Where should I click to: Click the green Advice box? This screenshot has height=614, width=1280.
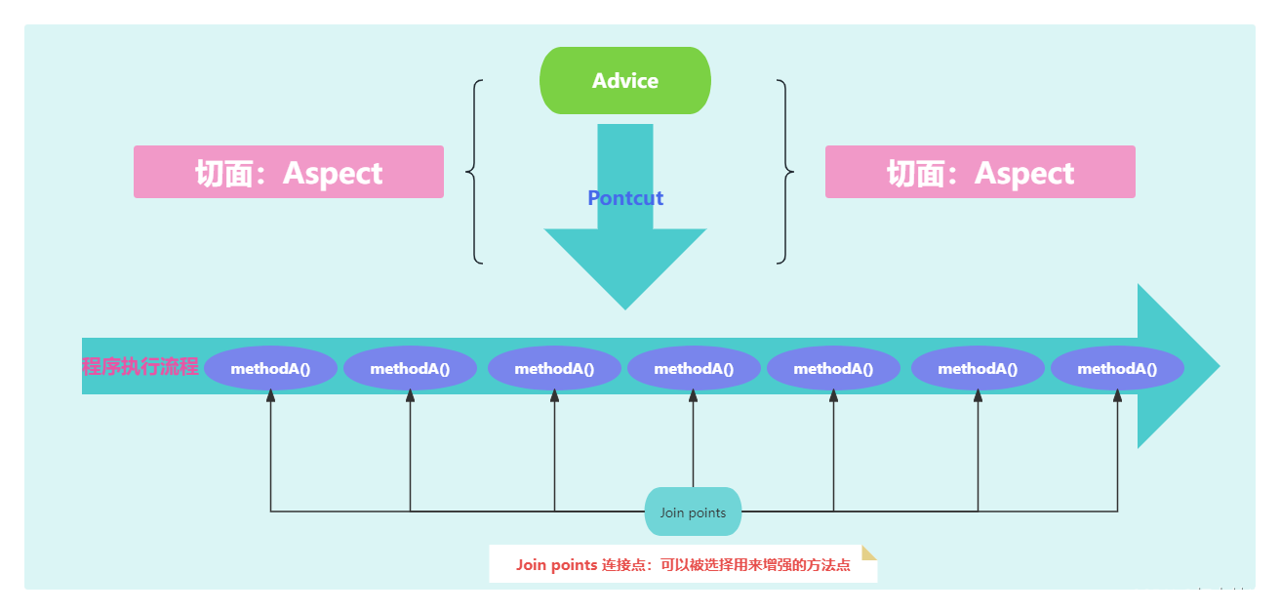click(x=625, y=80)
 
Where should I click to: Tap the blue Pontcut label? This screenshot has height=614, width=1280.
click(x=625, y=198)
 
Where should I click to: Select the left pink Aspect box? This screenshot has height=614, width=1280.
click(x=289, y=173)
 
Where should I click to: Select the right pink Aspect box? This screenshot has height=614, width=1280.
click(x=980, y=173)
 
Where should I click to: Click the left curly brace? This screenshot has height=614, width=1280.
click(x=476, y=172)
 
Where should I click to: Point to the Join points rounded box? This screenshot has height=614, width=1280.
click(x=693, y=512)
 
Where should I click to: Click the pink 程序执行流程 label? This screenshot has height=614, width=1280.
click(x=140, y=367)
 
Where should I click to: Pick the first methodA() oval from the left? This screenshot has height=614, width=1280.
click(x=270, y=369)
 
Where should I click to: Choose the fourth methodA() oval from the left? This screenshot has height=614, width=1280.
click(x=694, y=369)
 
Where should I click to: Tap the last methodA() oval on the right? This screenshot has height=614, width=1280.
click(x=1117, y=369)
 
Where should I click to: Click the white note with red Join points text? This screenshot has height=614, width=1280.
click(x=683, y=564)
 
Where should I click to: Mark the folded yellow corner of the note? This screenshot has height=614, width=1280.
click(x=868, y=553)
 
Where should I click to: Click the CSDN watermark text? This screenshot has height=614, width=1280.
click(x=1197, y=595)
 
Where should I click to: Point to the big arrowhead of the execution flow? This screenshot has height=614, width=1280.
click(x=1176, y=366)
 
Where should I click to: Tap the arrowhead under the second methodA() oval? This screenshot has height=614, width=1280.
click(x=410, y=396)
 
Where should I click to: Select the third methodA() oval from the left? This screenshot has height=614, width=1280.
click(x=554, y=369)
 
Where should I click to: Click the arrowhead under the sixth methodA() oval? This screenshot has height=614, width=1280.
click(x=978, y=396)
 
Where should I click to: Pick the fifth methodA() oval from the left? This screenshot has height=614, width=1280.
click(x=833, y=369)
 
